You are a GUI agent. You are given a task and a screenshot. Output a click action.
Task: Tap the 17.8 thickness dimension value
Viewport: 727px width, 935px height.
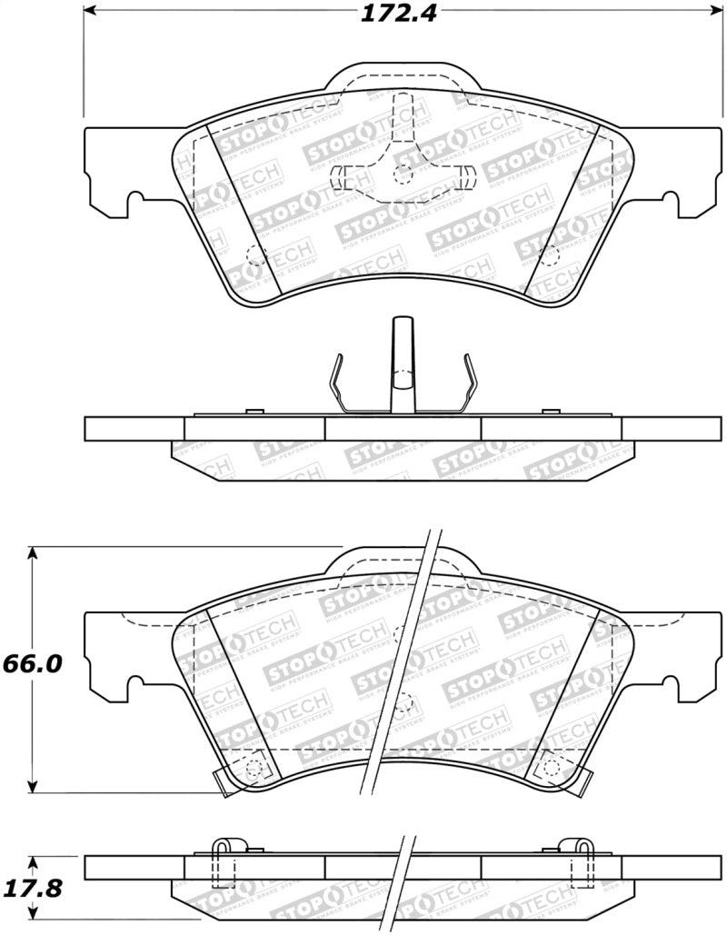pyautogui.click(x=31, y=889)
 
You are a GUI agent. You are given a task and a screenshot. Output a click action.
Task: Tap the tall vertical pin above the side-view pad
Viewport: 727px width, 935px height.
pyautogui.click(x=402, y=363)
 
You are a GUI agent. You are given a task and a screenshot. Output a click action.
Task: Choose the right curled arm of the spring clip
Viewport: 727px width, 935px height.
pyautogui.click(x=469, y=382)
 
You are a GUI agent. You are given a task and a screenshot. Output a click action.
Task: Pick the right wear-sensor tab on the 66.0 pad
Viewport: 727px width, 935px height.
pyautogui.click(x=575, y=779)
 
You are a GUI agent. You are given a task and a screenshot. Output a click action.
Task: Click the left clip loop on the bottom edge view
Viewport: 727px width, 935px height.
pyautogui.click(x=224, y=850)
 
